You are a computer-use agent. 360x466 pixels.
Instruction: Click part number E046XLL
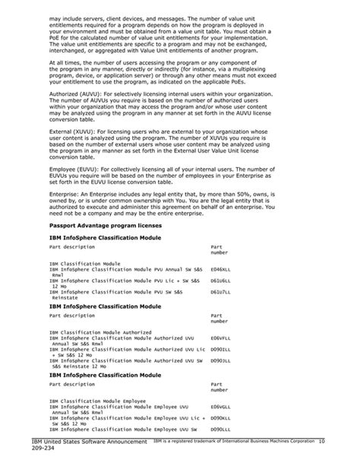(220, 269)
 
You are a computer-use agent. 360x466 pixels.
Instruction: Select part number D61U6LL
(220, 280)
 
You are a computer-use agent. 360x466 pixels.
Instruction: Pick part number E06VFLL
(220, 338)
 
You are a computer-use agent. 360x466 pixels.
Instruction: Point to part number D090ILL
(220, 348)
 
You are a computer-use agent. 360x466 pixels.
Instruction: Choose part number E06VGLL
(220, 407)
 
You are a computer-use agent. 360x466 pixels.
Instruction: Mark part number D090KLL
(220, 417)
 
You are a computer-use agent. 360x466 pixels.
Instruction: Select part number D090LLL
(220, 428)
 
